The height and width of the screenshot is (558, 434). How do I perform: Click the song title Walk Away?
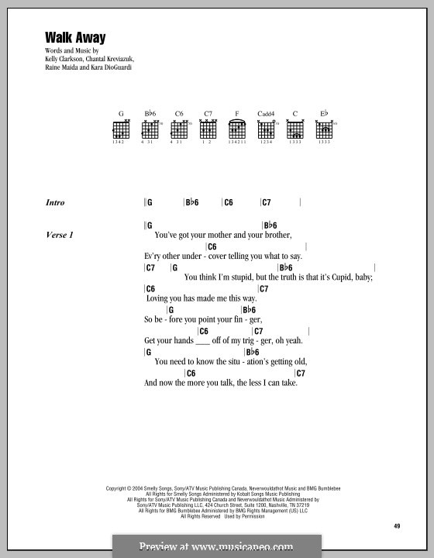tap(64, 36)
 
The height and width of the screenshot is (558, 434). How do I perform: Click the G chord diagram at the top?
tap(122, 130)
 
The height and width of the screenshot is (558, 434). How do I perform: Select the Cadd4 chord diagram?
tap(267, 130)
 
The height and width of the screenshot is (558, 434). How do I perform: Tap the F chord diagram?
tap(237, 130)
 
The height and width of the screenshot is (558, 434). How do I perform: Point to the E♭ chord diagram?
tap(324, 130)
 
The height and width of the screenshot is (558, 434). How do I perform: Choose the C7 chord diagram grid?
tap(208, 130)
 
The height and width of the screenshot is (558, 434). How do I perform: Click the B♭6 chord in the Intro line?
tap(192, 203)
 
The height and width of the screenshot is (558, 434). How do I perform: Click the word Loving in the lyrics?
tap(158, 298)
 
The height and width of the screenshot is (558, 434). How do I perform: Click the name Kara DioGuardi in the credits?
tap(121, 67)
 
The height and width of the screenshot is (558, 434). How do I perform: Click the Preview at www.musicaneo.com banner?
tap(217, 546)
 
